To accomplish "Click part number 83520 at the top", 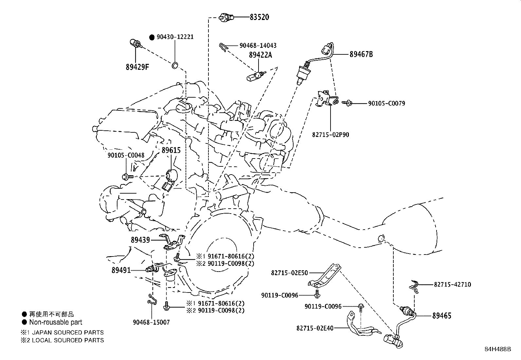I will [259, 17].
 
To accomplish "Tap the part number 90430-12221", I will [175, 37].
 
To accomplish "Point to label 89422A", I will [260, 55].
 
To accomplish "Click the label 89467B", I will [361, 54].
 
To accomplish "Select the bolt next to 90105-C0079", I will [348, 103].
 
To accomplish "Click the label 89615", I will [171, 150].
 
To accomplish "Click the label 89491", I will [121, 270].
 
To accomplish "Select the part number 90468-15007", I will [151, 322].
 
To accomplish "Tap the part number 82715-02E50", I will [289, 273].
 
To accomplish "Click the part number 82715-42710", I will [452, 285].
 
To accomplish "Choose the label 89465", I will [441, 316].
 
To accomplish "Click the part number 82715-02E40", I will [315, 328].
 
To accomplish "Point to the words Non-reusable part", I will [56, 322].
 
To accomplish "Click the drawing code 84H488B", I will [497, 349].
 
